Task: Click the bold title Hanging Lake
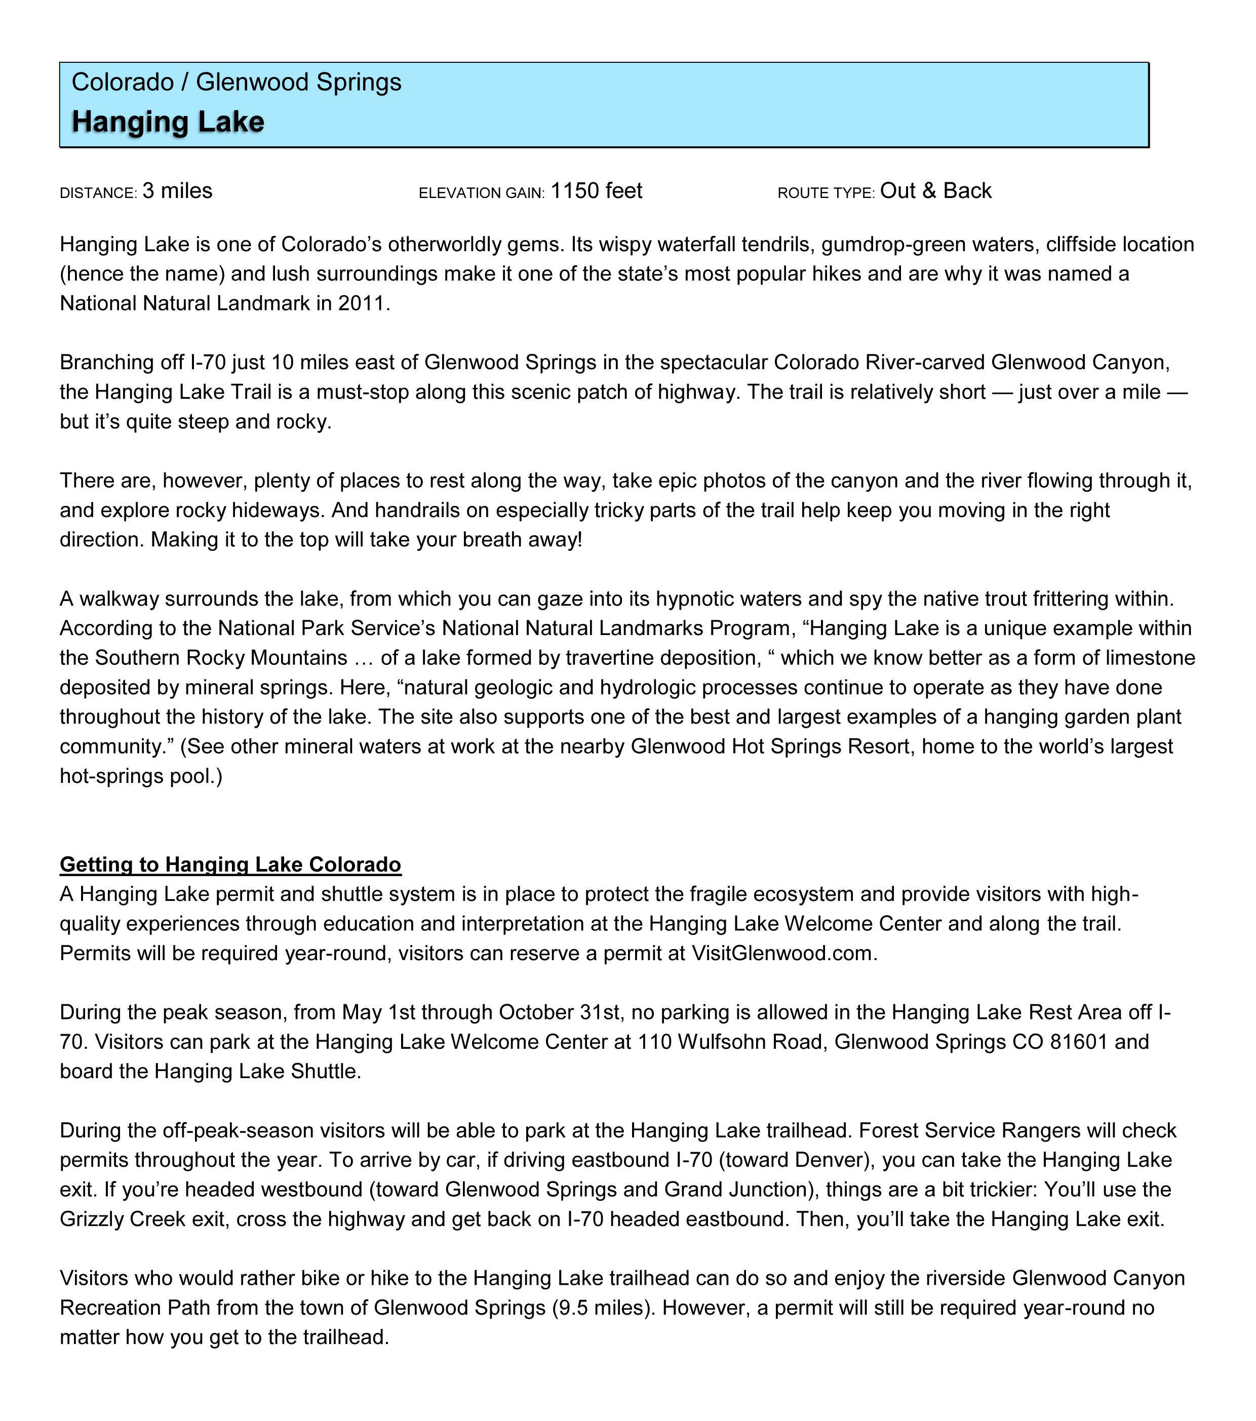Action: (x=168, y=122)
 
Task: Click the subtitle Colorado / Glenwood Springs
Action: (x=237, y=82)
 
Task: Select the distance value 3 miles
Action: (x=177, y=191)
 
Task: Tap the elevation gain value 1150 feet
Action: (x=597, y=191)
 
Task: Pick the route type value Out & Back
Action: (x=935, y=191)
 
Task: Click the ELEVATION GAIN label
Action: (x=481, y=193)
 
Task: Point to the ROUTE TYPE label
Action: (x=826, y=193)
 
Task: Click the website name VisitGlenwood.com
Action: (x=784, y=953)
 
